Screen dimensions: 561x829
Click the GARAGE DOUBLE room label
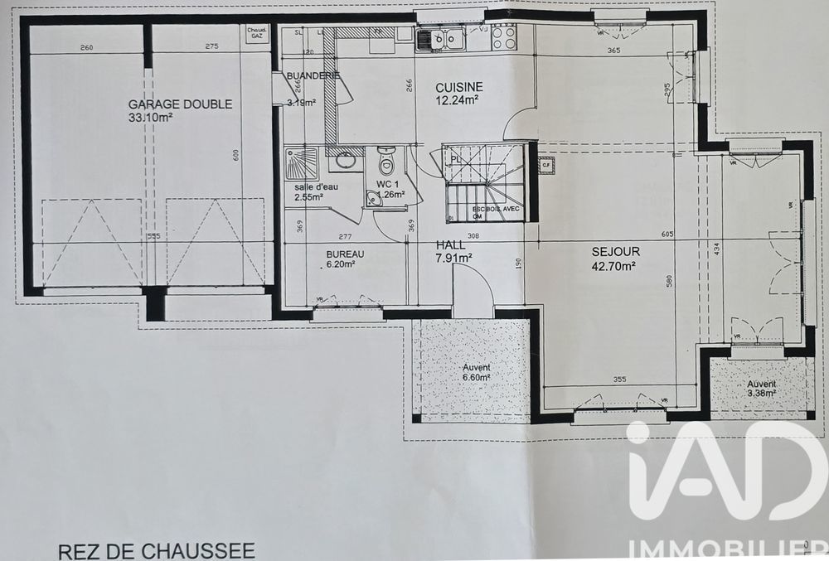point(180,104)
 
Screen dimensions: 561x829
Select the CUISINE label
point(459,88)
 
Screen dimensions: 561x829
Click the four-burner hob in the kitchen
point(505,36)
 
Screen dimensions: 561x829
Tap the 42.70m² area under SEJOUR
point(613,266)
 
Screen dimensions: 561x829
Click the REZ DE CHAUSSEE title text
point(157,550)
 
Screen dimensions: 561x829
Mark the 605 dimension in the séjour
point(667,235)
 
